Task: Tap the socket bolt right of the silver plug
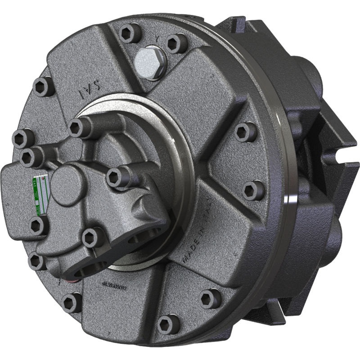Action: tap(176, 43)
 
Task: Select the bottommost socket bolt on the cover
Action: tap(168, 324)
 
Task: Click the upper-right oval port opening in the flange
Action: tap(151, 234)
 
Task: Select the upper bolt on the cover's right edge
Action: tap(245, 132)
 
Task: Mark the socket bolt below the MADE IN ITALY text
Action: tap(210, 298)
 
